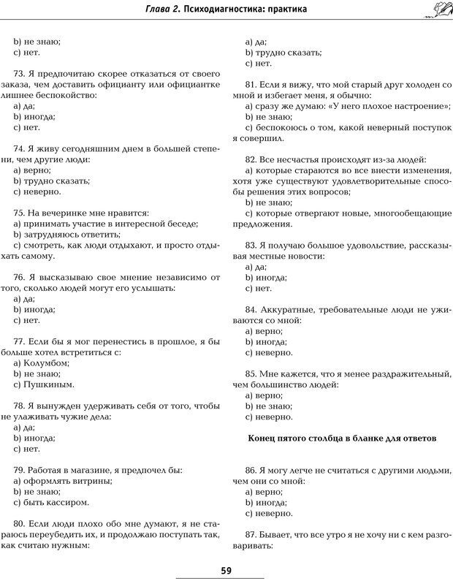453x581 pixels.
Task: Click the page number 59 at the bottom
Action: tap(226, 571)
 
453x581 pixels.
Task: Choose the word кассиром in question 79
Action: tap(71, 502)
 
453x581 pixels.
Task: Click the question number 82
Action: tap(251, 159)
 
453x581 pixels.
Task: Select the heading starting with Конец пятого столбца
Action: tap(343, 438)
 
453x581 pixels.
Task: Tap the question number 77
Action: tap(20, 341)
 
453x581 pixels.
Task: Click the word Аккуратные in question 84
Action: tap(292, 309)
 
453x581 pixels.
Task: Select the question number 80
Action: tap(20, 524)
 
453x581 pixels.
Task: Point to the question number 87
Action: tap(251, 535)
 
